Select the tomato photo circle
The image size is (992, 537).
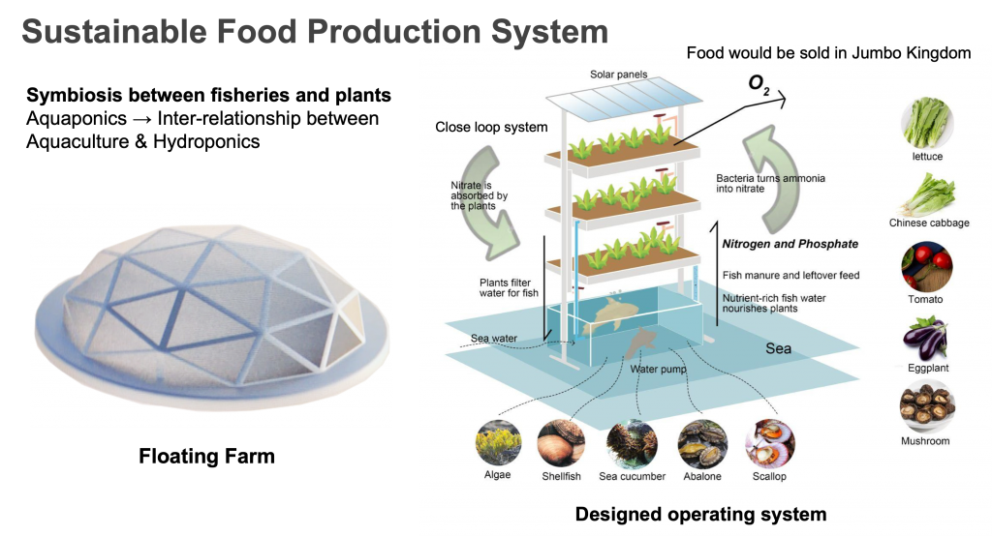point(927,266)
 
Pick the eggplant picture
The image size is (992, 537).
point(927,338)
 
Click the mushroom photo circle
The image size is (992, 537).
point(927,407)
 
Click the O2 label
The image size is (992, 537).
point(759,84)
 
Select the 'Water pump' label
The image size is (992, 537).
point(659,369)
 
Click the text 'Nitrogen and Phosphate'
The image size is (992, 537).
point(790,244)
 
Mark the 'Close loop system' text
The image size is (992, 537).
point(491,127)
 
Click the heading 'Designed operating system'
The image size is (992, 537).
point(700,514)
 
